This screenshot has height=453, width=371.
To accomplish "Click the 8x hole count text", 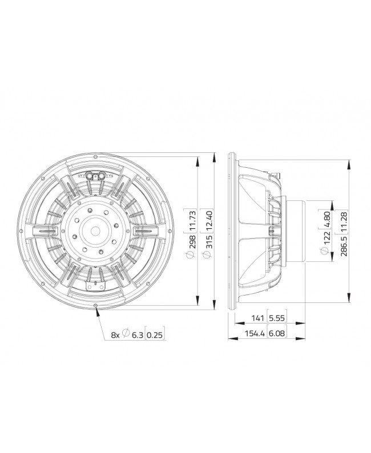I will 115,335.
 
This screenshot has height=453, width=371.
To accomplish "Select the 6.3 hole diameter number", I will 136,335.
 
